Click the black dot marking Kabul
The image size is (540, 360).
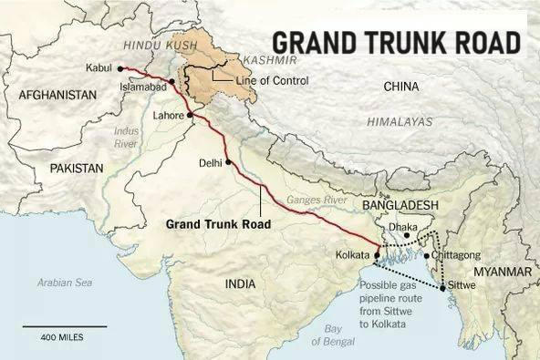pyautogui.click(x=120, y=68)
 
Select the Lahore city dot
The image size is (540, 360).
pyautogui.click(x=190, y=116)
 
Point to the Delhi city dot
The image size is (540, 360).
pyautogui.click(x=229, y=163)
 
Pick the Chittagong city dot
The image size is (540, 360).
pyautogui.click(x=427, y=256)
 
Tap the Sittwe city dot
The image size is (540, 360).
pyautogui.click(x=443, y=289)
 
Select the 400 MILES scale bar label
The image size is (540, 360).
pyautogui.click(x=62, y=337)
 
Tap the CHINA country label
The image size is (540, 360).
pyautogui.click(x=401, y=87)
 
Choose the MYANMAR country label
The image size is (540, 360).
pyautogui.click(x=501, y=273)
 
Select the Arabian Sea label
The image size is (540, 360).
pyautogui.click(x=65, y=283)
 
